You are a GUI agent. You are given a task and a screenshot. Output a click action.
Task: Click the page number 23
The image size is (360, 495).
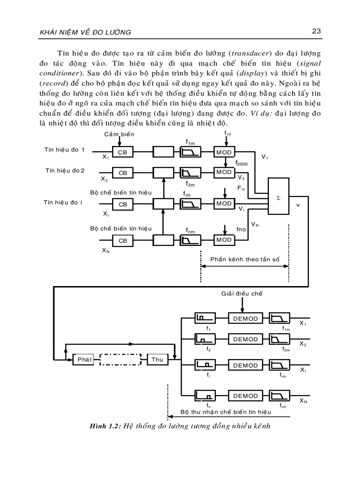(315, 31)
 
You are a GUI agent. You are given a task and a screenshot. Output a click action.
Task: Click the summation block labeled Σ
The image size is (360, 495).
(278, 197)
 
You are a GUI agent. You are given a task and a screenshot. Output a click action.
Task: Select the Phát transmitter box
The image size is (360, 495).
(84, 359)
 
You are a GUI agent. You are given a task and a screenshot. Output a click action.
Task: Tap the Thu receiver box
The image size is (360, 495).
(157, 359)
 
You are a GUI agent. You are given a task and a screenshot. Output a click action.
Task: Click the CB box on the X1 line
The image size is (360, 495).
(123, 152)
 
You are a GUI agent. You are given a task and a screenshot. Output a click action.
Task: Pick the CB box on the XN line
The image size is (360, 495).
(123, 241)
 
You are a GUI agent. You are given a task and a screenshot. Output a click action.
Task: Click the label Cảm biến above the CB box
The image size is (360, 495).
(119, 134)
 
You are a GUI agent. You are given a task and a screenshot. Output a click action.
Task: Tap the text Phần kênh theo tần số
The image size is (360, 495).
(245, 259)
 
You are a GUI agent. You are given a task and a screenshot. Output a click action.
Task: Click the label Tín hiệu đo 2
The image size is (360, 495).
(65, 170)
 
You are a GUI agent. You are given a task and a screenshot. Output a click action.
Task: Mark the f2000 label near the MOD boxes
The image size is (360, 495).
(241, 163)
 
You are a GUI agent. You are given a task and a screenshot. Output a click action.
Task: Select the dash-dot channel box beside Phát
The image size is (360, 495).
(120, 359)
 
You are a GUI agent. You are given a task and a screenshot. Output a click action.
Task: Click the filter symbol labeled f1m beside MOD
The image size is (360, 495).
(191, 152)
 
